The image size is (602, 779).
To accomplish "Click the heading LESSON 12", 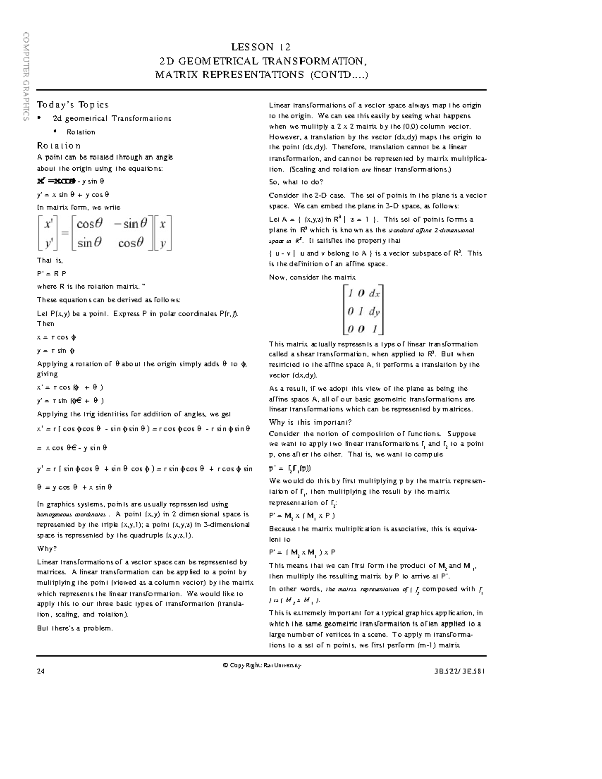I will (x=260, y=47).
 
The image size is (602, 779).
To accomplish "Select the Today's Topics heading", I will (x=72, y=105).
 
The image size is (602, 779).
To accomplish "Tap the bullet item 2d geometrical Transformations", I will (x=111, y=119).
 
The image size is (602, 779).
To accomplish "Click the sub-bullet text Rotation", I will (x=81, y=132).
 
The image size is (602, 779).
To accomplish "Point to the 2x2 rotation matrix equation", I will (x=104, y=233).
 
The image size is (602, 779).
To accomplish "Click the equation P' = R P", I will (x=51, y=274).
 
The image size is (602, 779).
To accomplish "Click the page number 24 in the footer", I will (x=40, y=671).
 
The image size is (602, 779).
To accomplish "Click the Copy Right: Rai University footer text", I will (x=261, y=665).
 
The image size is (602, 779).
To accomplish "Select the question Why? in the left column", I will (x=47, y=549).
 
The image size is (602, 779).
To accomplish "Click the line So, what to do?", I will (x=296, y=182).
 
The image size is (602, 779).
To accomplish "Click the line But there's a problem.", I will (x=75, y=628).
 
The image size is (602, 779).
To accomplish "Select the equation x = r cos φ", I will (x=56, y=338).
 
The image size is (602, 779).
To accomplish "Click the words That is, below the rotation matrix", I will (x=50, y=261).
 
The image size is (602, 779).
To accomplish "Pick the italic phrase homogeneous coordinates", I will (x=71, y=515).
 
